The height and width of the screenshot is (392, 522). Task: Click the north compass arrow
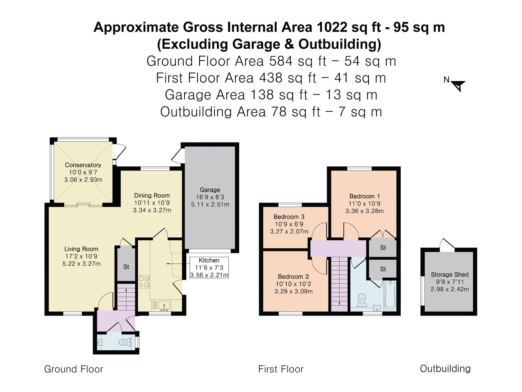[x=458, y=86]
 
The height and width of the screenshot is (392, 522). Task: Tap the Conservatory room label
[x=83, y=165]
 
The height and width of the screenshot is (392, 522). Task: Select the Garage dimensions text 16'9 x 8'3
[x=210, y=197]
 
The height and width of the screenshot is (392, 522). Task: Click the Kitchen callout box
[x=209, y=268]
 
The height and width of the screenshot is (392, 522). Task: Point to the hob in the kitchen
[x=144, y=282]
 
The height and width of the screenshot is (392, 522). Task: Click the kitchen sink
[x=164, y=306]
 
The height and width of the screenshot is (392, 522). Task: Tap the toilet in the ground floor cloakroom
[x=125, y=343]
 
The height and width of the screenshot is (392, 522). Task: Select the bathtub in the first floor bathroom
[x=390, y=296]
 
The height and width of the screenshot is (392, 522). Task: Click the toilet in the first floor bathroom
[x=361, y=300]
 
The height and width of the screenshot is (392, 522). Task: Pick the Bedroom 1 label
[x=364, y=196]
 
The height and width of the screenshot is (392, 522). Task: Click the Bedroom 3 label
[x=289, y=217]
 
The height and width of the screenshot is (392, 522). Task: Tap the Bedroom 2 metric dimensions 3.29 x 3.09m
[x=293, y=291]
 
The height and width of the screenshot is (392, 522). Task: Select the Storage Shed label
[x=450, y=274]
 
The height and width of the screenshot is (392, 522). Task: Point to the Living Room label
[x=81, y=249]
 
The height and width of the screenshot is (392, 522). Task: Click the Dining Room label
[x=152, y=195]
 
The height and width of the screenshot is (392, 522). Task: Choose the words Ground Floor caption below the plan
[x=74, y=369]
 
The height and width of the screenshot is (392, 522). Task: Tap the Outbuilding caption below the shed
[x=445, y=368]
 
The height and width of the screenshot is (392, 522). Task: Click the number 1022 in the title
[x=332, y=27]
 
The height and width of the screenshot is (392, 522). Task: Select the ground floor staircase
[x=127, y=297]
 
